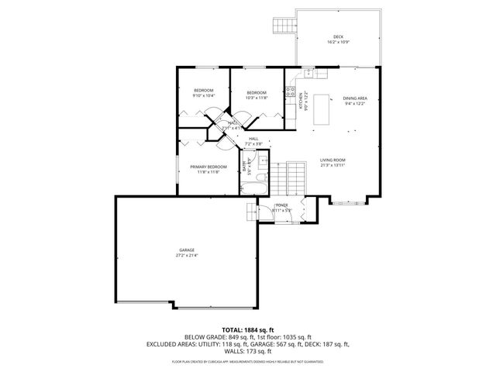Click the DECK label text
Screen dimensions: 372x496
(338, 36)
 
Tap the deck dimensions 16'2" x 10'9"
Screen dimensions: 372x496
(338, 42)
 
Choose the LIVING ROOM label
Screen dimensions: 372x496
(332, 160)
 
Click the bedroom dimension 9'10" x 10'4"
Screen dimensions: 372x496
(203, 96)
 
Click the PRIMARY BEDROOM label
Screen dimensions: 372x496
(208, 167)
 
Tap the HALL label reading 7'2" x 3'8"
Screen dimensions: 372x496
(253, 143)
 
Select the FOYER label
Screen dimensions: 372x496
(281, 205)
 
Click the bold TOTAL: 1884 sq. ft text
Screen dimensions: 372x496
(248, 329)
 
